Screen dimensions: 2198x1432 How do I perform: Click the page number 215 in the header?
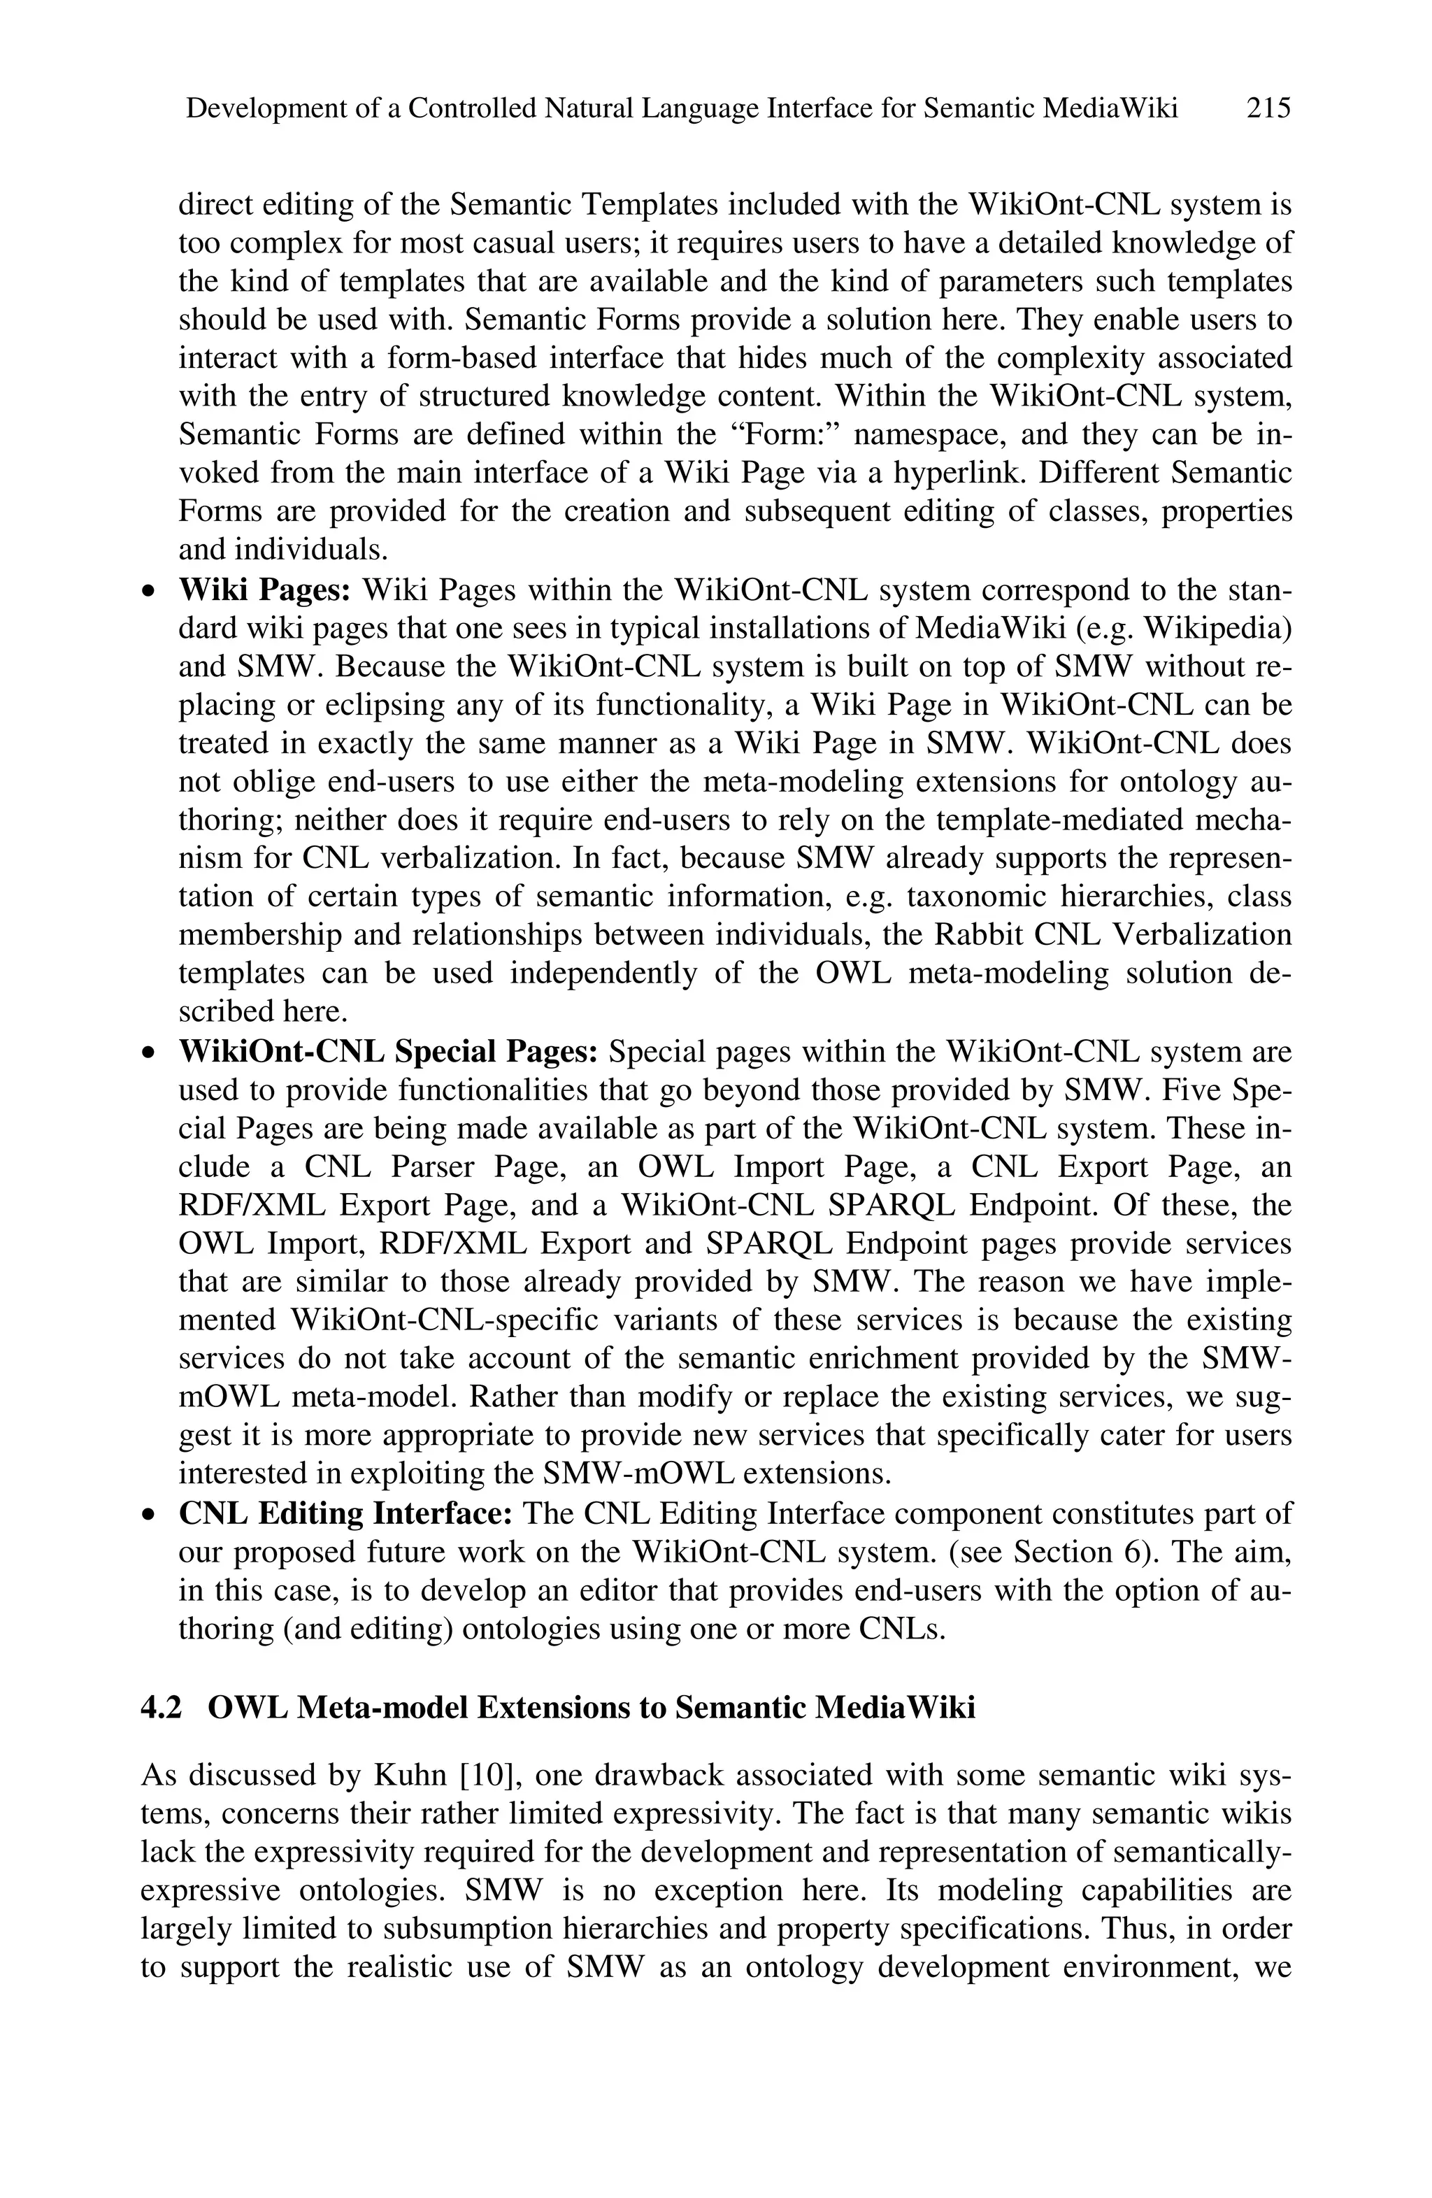click(x=1268, y=109)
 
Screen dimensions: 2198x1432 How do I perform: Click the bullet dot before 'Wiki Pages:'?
click(x=148, y=591)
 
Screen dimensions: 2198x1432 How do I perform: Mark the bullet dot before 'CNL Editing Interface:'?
click(x=148, y=1515)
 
